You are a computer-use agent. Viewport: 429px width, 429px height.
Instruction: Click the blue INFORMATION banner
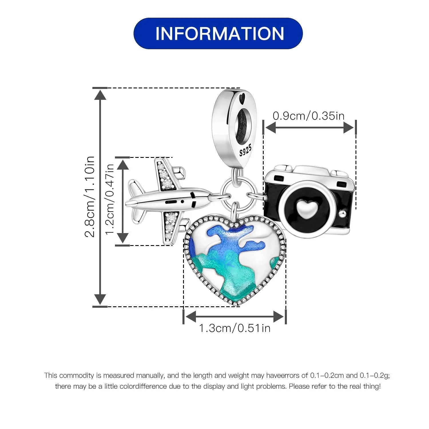(x=218, y=33)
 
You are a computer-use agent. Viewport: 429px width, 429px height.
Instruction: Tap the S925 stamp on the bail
(x=245, y=150)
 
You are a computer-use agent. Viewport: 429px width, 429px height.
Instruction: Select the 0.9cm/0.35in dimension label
(x=309, y=116)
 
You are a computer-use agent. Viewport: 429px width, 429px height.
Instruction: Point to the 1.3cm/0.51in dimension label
(x=235, y=328)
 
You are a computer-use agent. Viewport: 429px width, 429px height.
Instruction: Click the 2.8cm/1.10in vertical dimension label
(x=90, y=197)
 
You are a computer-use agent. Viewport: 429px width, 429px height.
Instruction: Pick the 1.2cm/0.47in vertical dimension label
(x=110, y=199)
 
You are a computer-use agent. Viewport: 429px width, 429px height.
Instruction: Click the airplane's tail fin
(x=136, y=189)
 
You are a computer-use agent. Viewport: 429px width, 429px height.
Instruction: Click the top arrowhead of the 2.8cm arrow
(x=100, y=94)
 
